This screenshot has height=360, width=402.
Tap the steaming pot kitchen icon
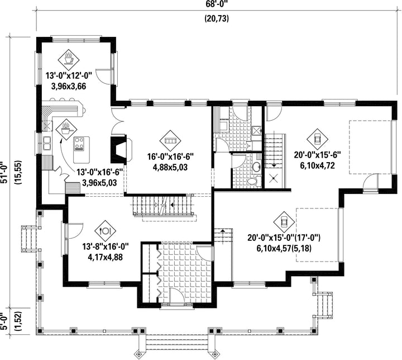66,129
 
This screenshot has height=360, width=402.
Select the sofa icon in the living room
170,140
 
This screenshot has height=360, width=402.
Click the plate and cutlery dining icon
106,231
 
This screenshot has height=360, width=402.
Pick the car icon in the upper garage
317,139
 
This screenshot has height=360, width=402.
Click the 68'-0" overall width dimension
217,4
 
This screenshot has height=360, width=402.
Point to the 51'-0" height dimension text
4,173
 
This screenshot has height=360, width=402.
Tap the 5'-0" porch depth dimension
4,322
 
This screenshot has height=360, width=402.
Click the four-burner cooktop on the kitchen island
79,144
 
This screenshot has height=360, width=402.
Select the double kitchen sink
47,143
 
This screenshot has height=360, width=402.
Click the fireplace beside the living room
121,149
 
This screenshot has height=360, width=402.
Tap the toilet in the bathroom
253,181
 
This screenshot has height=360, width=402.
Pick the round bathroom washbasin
256,167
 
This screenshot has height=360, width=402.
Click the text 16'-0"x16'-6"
170,157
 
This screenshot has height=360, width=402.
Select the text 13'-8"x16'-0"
105,247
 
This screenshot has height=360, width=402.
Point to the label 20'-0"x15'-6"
317,155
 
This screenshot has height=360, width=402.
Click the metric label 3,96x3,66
69,86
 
